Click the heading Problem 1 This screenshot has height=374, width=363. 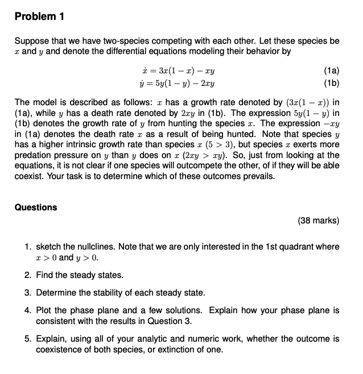coord(39,16)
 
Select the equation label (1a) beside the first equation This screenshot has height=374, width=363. coord(331,71)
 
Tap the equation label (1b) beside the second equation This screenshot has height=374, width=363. coord(331,82)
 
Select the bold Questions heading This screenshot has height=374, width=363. coord(36,207)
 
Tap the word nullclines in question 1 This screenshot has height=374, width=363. coord(84,247)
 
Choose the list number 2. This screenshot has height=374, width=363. coord(28,275)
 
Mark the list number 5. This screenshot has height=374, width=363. coord(28,339)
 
